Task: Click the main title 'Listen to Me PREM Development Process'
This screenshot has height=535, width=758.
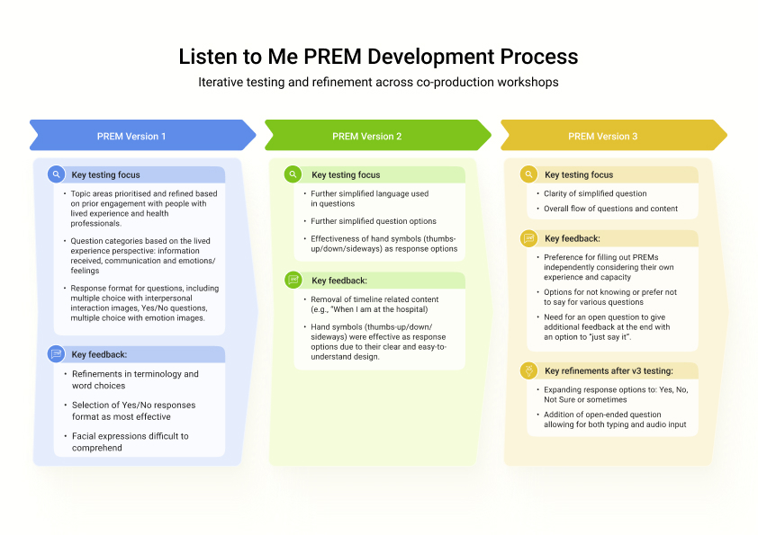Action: (378, 57)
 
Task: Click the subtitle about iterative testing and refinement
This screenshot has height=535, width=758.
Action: (378, 82)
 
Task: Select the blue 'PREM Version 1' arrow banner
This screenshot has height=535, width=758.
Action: (142, 135)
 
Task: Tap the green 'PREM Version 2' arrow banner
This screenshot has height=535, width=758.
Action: (378, 135)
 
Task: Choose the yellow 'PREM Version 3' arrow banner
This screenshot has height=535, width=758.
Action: (614, 135)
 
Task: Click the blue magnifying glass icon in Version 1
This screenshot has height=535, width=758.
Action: (56, 174)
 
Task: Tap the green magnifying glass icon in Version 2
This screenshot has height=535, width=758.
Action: (293, 174)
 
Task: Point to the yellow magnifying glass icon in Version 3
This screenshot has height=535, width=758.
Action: (528, 174)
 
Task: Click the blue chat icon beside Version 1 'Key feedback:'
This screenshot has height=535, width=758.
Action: (56, 354)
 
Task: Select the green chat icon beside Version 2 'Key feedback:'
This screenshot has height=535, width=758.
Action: (293, 280)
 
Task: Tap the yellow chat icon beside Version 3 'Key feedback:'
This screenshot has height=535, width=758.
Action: (528, 238)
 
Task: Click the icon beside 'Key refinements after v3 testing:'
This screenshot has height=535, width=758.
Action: (528, 370)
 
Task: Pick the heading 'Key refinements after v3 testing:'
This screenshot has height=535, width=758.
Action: (609, 370)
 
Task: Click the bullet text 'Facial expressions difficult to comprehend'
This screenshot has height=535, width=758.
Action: (130, 441)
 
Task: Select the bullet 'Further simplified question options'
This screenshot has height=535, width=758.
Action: (374, 221)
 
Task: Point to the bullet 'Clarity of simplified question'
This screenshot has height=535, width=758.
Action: (595, 193)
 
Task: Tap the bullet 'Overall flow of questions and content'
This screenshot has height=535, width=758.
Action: (610, 209)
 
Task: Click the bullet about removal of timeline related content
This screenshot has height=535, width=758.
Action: (374, 304)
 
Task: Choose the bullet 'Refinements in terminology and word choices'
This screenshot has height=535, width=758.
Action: (135, 379)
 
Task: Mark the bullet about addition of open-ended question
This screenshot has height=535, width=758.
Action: (615, 419)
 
